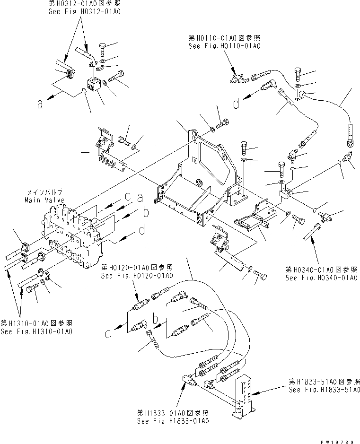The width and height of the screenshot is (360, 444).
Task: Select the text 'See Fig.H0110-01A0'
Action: coord(224,46)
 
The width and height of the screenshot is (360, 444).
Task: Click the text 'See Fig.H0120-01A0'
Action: coord(137,275)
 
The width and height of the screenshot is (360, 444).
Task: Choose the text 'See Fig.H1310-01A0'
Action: coord(36,331)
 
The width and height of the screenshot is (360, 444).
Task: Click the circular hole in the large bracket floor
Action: coord(198,182)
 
